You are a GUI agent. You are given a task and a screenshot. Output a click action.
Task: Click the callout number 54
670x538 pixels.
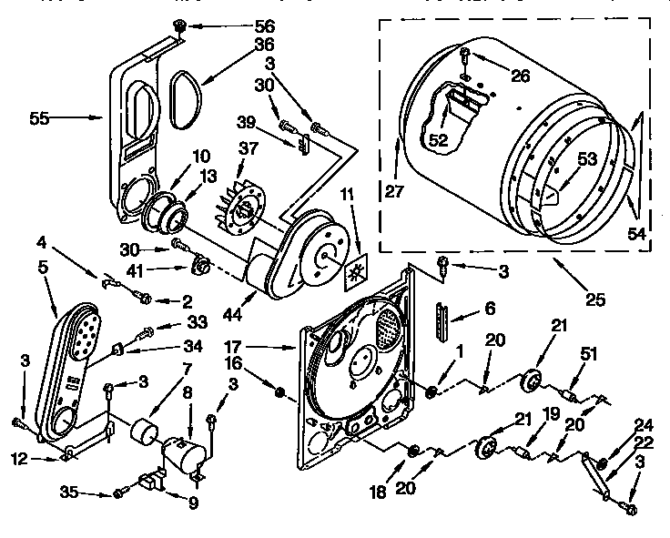638,233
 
